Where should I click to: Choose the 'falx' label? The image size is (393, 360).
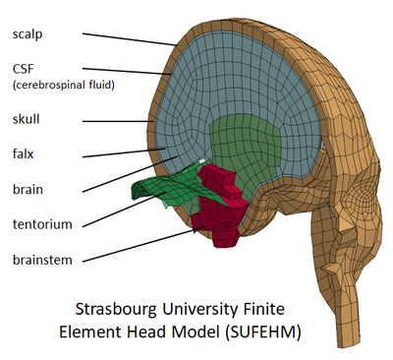[25, 154]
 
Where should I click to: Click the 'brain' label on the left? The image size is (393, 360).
[28, 189]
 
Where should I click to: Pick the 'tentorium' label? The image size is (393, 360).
[41, 224]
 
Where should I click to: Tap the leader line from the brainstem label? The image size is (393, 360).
[138, 247]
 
